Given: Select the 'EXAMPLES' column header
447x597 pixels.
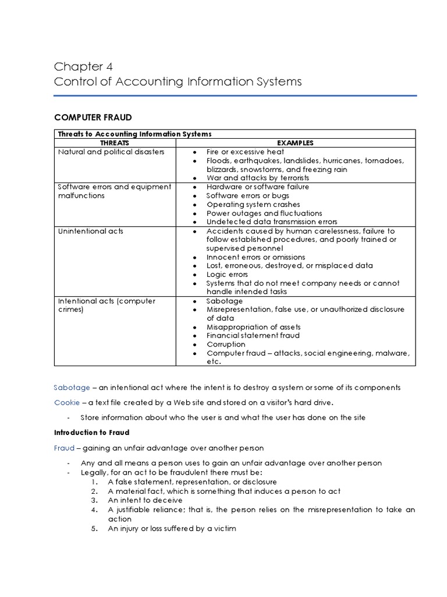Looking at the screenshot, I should click(x=295, y=143).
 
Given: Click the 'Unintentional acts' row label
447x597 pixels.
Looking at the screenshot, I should click(x=90, y=231).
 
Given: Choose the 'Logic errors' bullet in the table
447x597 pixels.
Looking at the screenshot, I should click(x=227, y=274).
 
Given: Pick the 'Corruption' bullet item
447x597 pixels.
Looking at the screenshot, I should click(x=226, y=344).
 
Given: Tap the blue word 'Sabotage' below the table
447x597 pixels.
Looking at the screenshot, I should click(x=72, y=387).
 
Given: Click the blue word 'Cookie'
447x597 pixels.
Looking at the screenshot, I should click(x=66, y=402).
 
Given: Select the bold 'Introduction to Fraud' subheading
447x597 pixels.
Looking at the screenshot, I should click(x=91, y=433).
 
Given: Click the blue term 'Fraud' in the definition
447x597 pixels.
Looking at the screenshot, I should click(x=64, y=448).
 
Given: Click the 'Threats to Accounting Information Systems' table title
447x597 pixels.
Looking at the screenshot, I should click(x=134, y=134).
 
